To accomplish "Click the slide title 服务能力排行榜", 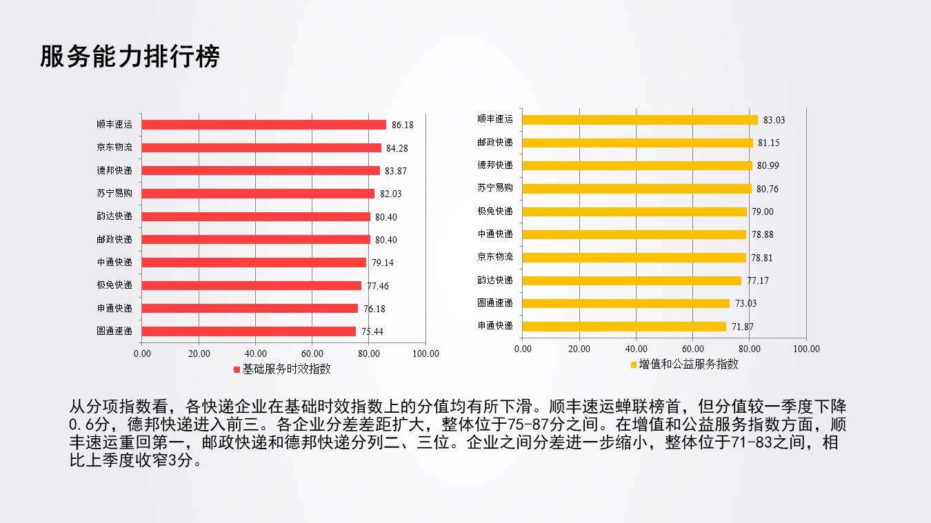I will pyautogui.click(x=130, y=57).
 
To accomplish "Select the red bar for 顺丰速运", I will pyautogui.click(x=263, y=125).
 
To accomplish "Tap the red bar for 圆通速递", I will pyautogui.click(x=248, y=331).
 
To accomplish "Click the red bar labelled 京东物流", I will pyautogui.click(x=261, y=147).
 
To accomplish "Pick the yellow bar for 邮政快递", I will pyautogui.click(x=637, y=143).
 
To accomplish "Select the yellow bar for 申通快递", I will pyautogui.click(x=624, y=326).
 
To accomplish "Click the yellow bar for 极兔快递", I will pyautogui.click(x=634, y=212).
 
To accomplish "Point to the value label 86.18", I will pyautogui.click(x=403, y=125).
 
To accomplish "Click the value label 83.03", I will pyautogui.click(x=770, y=120).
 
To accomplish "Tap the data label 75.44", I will pyautogui.click(x=372, y=331).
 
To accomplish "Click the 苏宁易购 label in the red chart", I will pyautogui.click(x=114, y=194).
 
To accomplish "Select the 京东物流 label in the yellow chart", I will pyautogui.click(x=495, y=257).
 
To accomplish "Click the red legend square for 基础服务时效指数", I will pyautogui.click(x=237, y=369).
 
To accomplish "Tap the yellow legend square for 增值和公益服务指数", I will pyautogui.click(x=634, y=365).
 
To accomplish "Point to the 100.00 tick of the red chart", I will pyautogui.click(x=426, y=354).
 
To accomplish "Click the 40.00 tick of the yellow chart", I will pyautogui.click(x=636, y=349).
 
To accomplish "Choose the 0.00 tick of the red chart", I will pyautogui.click(x=141, y=354).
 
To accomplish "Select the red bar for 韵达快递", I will pyautogui.click(x=256, y=216).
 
